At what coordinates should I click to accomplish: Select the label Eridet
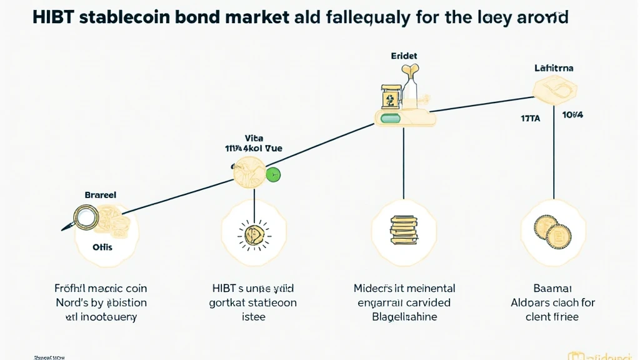pyautogui.click(x=404, y=56)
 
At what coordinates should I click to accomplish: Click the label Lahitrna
pyautogui.click(x=554, y=67)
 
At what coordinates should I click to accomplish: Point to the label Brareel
pyautogui.click(x=100, y=195)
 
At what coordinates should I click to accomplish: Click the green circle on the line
pyautogui.click(x=273, y=174)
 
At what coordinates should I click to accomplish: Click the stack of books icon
pyautogui.click(x=403, y=229)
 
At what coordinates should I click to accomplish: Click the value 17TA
pyautogui.click(x=531, y=116)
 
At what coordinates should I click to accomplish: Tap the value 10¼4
pyautogui.click(x=572, y=116)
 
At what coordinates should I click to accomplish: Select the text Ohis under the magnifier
pyautogui.click(x=102, y=247)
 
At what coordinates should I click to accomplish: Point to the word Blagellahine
pyautogui.click(x=404, y=317)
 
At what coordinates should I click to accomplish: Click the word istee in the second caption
pyautogui.click(x=252, y=317)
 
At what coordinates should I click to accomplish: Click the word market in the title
pyautogui.click(x=252, y=17)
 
